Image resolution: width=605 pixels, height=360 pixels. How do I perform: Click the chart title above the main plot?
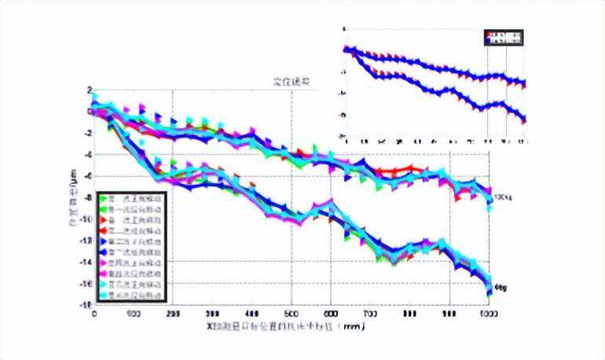(291, 81)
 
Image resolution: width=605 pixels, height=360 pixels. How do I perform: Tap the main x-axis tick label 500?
(291, 314)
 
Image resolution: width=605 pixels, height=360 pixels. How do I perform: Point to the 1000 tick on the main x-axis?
(488, 314)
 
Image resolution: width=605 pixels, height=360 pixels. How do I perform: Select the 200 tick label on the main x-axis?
(174, 314)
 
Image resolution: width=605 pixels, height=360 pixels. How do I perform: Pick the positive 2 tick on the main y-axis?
(90, 90)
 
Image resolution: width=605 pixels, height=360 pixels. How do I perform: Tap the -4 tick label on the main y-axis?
(87, 155)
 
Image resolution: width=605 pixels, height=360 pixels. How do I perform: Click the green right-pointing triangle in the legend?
(103, 199)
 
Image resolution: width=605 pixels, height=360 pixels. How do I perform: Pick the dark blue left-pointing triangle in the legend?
(103, 253)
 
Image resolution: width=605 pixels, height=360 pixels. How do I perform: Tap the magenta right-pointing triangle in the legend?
(103, 263)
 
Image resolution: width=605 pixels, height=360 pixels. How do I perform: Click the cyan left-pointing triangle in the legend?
(103, 296)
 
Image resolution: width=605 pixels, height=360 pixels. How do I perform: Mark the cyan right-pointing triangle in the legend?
(103, 285)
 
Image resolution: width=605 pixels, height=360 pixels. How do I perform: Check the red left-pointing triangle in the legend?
(103, 232)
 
